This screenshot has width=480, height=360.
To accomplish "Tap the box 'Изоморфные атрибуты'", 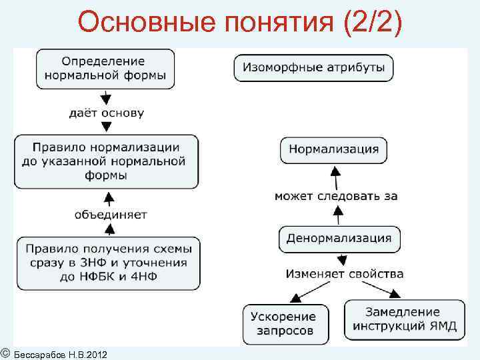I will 313,67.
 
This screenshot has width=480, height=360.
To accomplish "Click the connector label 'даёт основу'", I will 107,113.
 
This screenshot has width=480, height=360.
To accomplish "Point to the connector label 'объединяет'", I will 111,215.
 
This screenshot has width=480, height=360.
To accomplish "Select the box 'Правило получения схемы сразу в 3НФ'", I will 108,263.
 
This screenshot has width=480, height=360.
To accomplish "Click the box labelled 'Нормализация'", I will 333,149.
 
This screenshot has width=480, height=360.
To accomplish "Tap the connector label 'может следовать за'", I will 336,196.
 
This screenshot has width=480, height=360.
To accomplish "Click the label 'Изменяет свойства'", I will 344,273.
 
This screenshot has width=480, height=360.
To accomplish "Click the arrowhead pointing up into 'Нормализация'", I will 336,172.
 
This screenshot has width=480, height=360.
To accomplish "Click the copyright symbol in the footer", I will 5,353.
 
